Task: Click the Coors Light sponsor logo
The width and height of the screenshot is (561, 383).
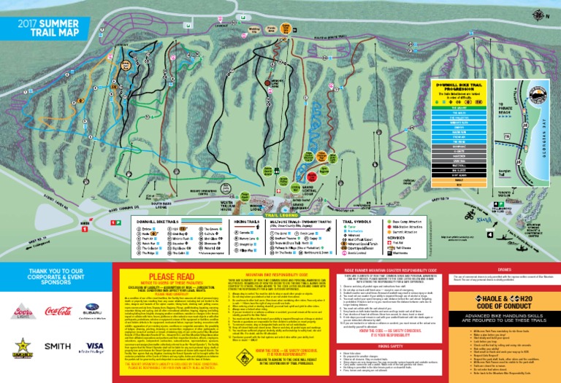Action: coord(23,312)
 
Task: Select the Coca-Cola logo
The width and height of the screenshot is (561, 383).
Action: coord(58,312)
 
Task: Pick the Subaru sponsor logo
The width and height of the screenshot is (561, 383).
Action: coord(93,312)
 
